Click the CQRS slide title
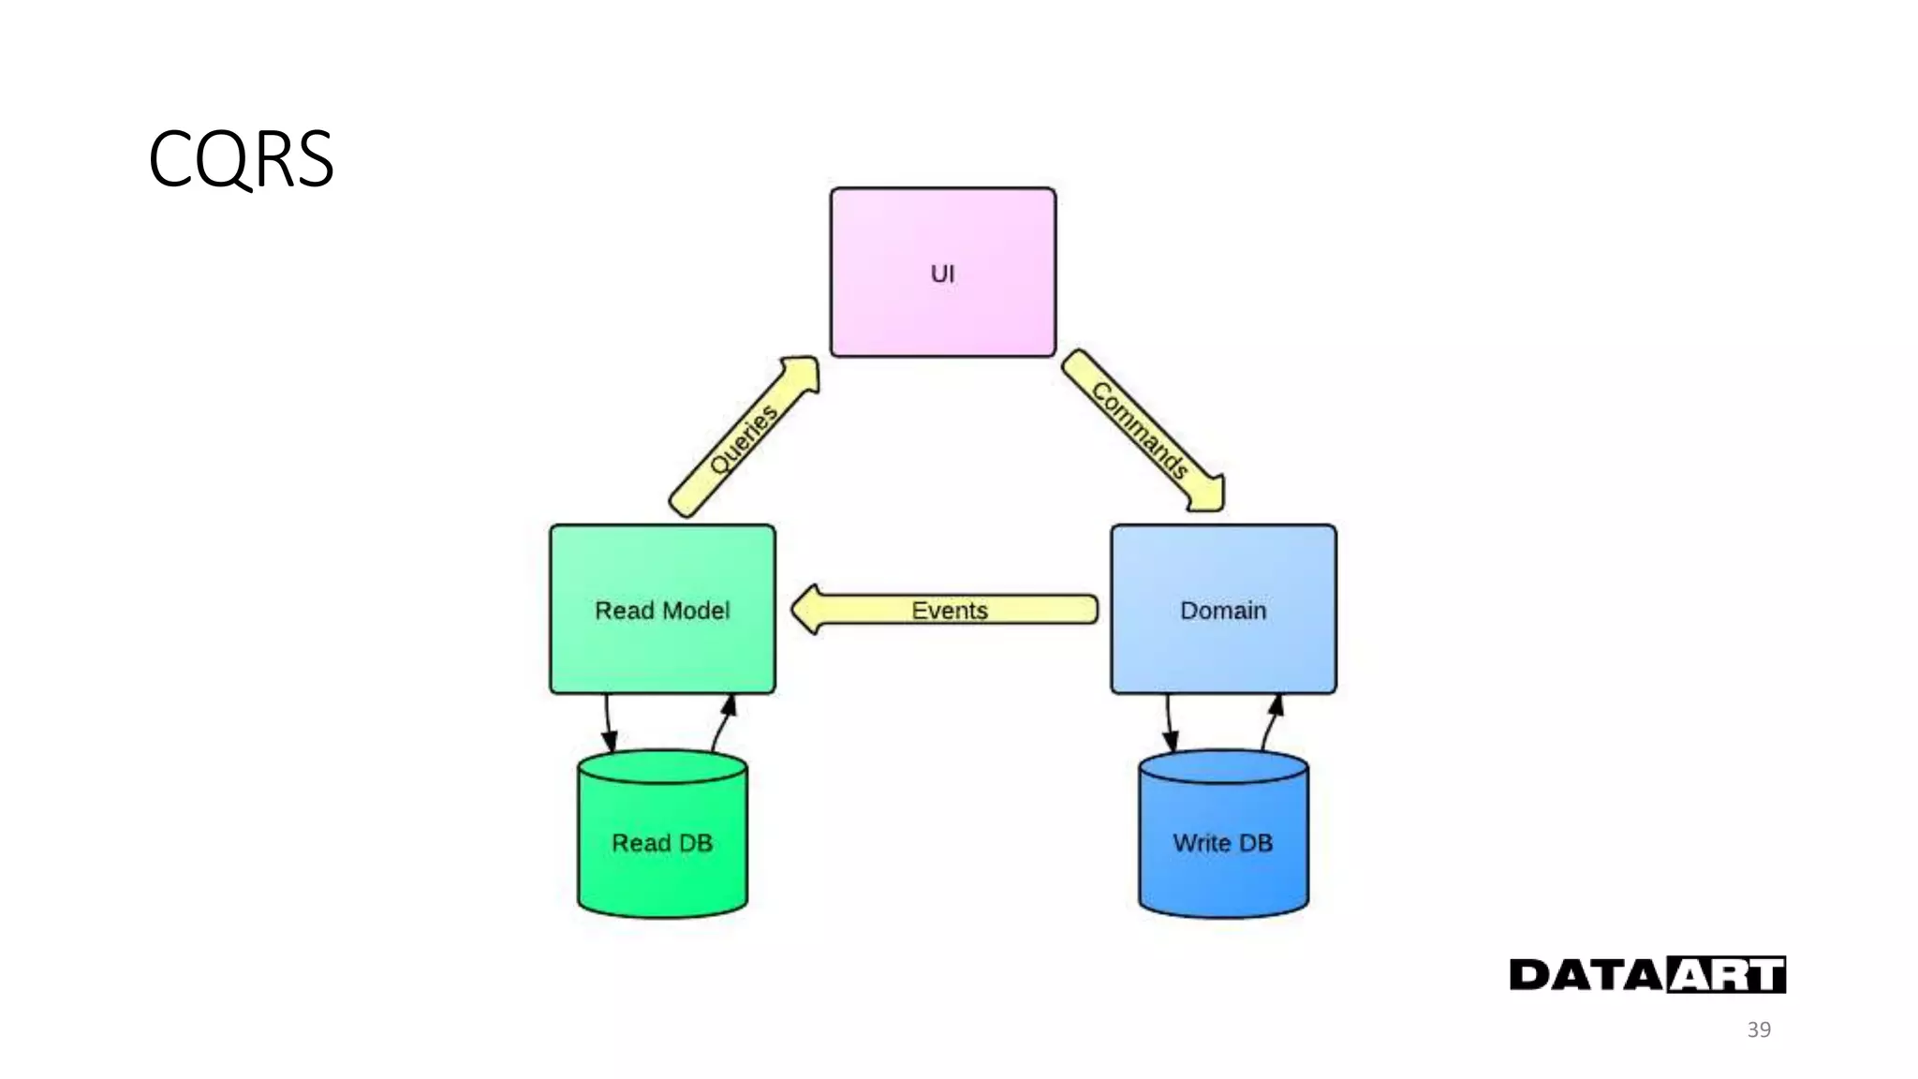(241, 159)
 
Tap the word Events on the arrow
(950, 611)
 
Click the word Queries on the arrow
(743, 439)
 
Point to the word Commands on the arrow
(1140, 431)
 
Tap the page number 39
(1759, 1029)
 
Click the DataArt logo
(1647, 975)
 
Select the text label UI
(942, 273)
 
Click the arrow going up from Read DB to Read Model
(722, 721)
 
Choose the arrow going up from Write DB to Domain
(1271, 721)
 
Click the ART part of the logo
(1726, 975)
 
